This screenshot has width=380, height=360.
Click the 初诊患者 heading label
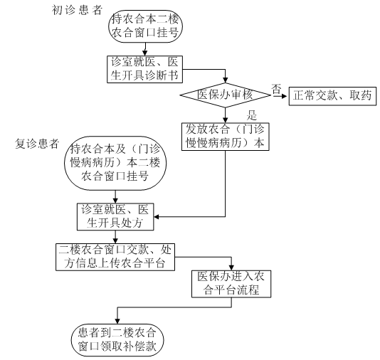point(77,10)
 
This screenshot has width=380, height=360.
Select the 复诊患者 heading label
point(37,144)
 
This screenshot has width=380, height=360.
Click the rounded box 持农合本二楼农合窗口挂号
point(145,26)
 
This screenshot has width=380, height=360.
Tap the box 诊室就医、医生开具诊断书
point(144,69)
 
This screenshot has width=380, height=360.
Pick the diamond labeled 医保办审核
point(225,95)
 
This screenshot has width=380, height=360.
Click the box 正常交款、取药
point(332,96)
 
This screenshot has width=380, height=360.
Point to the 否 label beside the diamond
point(276,90)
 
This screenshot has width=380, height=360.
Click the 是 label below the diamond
point(252,115)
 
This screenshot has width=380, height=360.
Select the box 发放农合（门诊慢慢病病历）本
point(226,137)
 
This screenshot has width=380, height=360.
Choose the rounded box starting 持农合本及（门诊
point(115,163)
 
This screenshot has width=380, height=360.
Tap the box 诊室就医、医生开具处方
point(115,216)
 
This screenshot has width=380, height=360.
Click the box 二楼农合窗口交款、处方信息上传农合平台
point(115,257)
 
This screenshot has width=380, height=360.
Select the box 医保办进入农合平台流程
point(231,284)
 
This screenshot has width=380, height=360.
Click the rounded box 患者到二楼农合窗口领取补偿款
point(117,340)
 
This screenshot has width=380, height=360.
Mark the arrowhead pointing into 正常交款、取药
point(285,96)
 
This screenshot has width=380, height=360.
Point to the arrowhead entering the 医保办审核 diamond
point(226,80)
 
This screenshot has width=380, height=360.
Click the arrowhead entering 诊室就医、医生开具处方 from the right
point(157,216)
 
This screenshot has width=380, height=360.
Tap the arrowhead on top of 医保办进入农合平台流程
point(231,268)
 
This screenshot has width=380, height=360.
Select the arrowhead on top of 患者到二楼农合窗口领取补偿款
point(117,321)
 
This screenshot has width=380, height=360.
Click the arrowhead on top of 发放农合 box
point(226,120)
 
